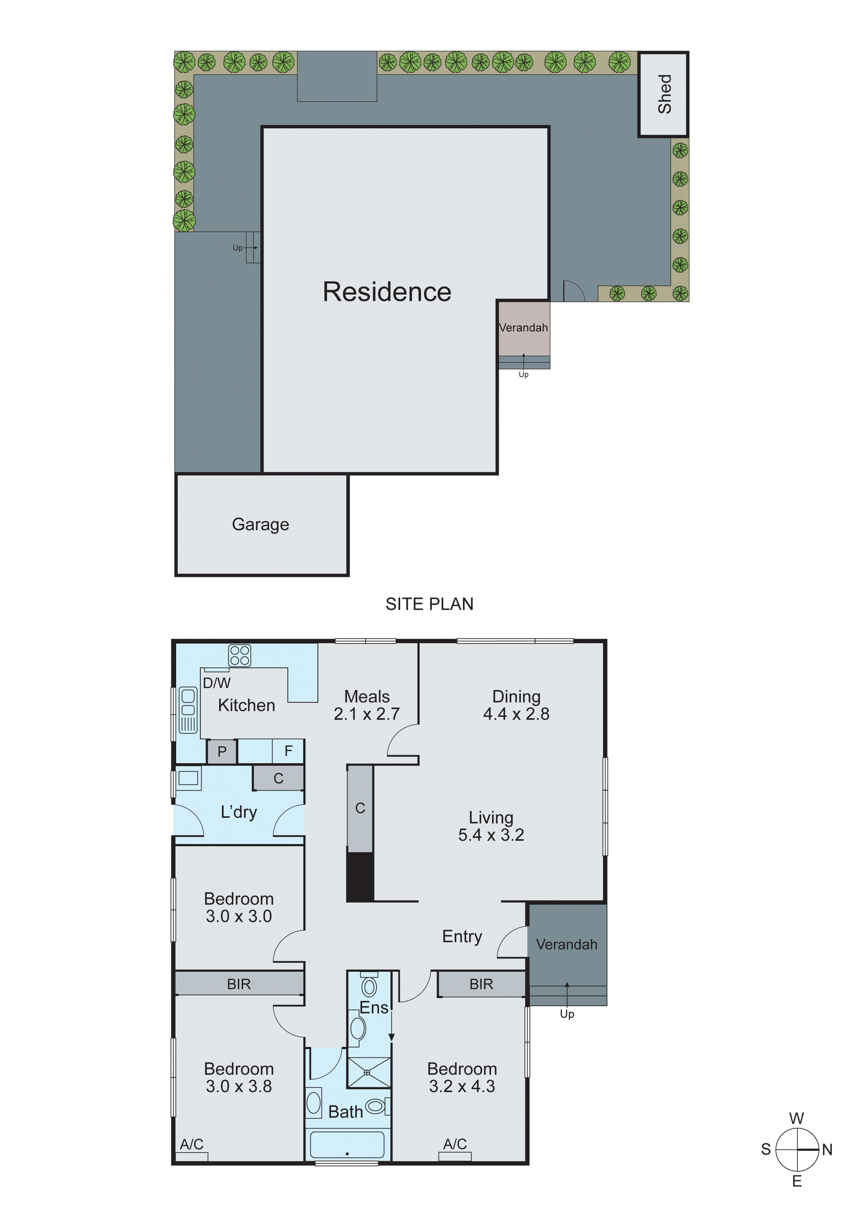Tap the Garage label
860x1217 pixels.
(x=260, y=524)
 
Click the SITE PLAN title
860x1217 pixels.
(x=429, y=604)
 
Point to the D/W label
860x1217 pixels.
(x=217, y=683)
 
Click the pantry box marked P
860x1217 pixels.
(x=222, y=751)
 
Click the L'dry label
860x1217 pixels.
(x=239, y=812)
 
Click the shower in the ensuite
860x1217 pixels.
(x=369, y=1072)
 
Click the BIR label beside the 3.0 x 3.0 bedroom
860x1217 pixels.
(x=239, y=984)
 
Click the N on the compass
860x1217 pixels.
(x=827, y=1150)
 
